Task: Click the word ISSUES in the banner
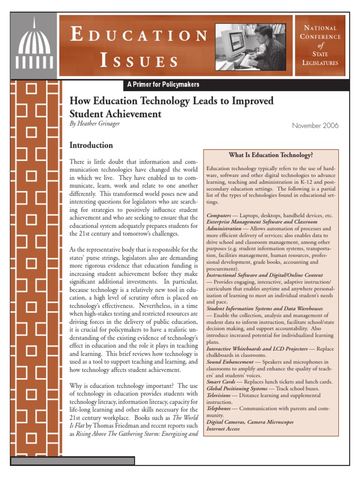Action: pos(139,61)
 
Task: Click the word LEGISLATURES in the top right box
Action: pos(320,62)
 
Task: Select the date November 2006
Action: pos(315,126)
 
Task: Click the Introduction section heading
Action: pos(91,145)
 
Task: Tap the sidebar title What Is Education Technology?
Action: pos(270,155)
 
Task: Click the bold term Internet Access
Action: pos(223,428)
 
